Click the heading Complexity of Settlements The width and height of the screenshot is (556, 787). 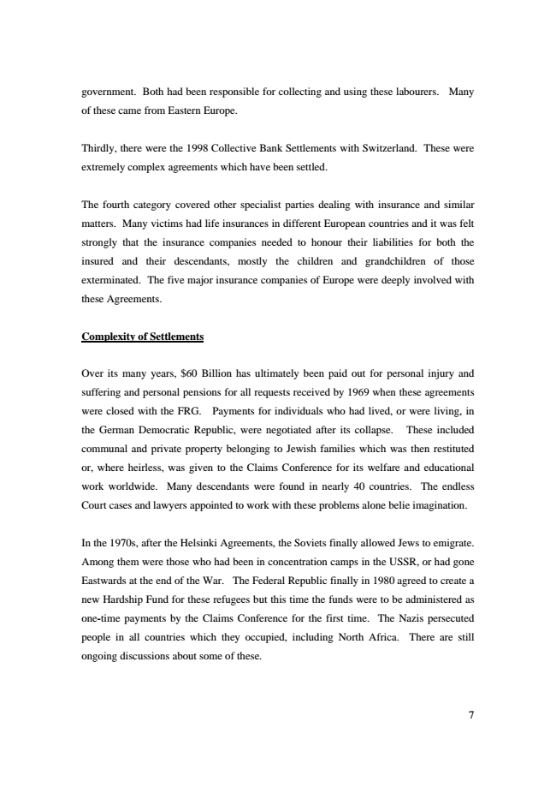[142, 337]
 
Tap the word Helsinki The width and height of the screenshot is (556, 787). [199, 543]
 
